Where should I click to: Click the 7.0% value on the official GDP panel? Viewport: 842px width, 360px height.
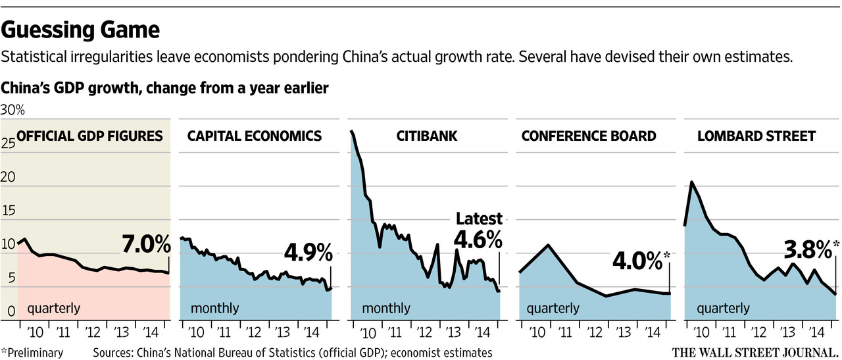[x=146, y=245]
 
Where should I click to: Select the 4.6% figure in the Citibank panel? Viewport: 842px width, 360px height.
[x=478, y=239]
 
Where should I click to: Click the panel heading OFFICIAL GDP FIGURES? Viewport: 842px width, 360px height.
[x=89, y=136]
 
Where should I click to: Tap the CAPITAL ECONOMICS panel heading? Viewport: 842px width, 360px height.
[x=255, y=136]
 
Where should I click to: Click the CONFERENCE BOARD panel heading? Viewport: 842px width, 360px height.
[x=589, y=136]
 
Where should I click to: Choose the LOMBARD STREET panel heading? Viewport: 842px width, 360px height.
[x=756, y=136]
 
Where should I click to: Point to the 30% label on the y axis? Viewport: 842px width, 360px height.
[x=12, y=109]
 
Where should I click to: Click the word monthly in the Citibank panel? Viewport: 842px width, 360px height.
[x=385, y=308]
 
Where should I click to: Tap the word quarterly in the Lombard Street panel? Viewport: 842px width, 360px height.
[x=723, y=308]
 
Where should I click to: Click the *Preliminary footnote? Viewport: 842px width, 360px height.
[x=32, y=353]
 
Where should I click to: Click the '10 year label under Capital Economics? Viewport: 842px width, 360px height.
[x=195, y=332]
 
